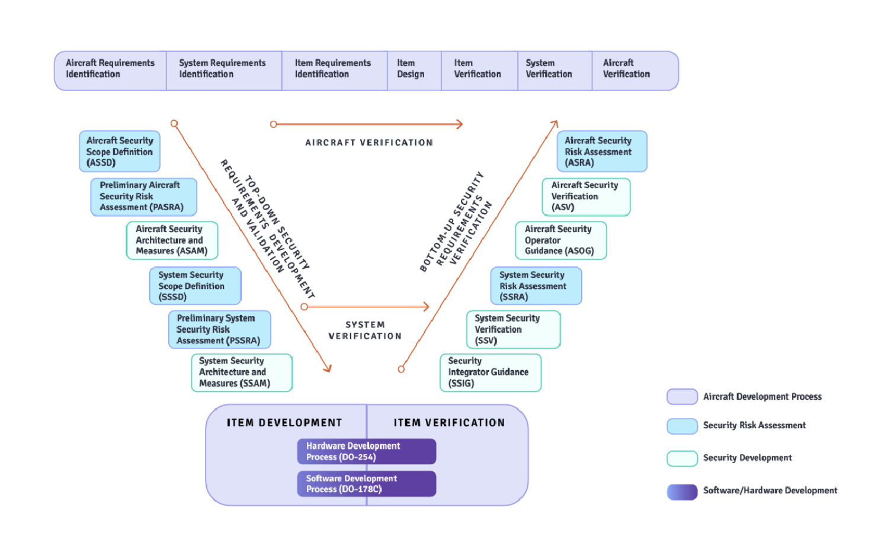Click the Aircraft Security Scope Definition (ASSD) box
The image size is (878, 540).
[120, 152]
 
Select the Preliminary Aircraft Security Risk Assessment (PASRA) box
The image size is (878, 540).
[143, 197]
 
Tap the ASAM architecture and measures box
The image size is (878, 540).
[172, 240]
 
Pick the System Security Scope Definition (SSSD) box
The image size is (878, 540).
[195, 286]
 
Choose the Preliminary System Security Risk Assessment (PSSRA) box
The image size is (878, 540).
[219, 330]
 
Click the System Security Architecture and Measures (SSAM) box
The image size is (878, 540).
[242, 372]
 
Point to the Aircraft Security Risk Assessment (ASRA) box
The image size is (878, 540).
[602, 152]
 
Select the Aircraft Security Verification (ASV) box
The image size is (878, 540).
[586, 197]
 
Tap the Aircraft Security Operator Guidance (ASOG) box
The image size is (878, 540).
[561, 240]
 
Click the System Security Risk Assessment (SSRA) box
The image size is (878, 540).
[536, 286]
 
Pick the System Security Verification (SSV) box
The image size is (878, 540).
[513, 330]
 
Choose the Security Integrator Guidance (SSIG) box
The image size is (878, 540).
[491, 372]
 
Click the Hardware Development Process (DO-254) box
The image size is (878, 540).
[367, 451]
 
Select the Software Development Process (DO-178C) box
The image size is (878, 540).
[367, 484]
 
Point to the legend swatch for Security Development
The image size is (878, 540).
[682, 458]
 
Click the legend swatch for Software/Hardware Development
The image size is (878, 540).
[682, 491]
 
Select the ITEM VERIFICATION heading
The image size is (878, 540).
[449, 423]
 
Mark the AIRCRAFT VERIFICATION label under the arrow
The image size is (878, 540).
[369, 143]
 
